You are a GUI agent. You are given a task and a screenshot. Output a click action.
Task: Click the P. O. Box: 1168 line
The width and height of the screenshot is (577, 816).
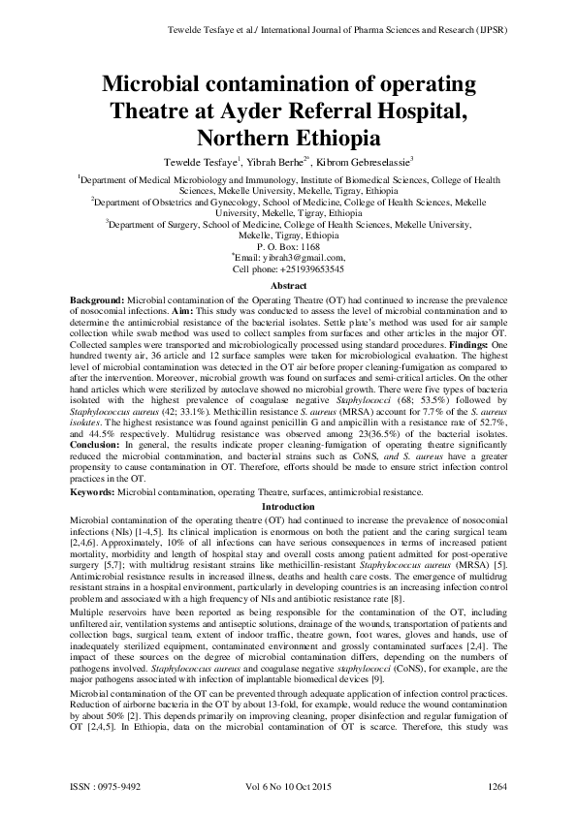click(288, 248)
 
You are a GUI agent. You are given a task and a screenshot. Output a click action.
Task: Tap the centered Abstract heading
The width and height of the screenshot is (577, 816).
click(288, 287)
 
